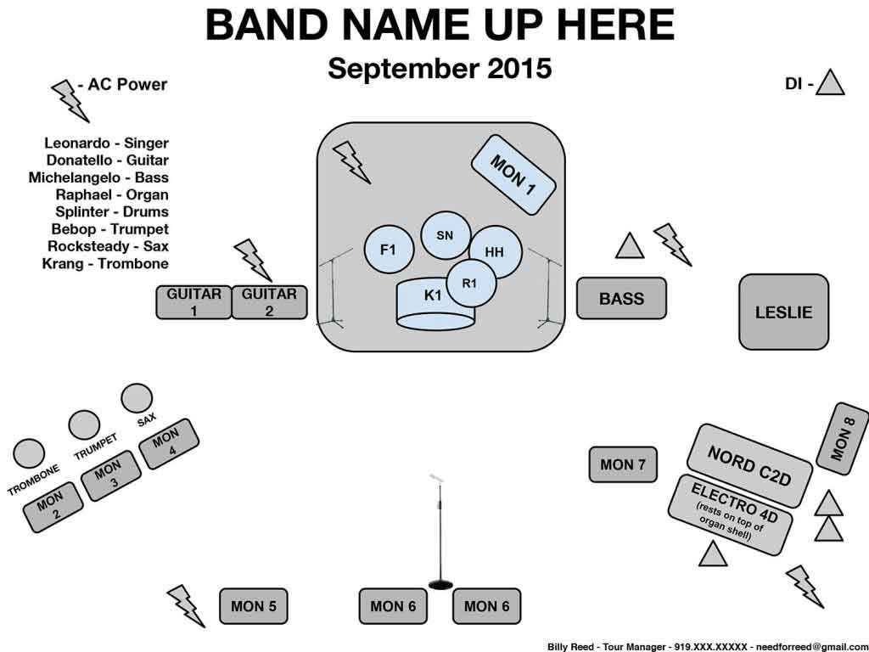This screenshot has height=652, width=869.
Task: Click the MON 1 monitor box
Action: pos(513,173)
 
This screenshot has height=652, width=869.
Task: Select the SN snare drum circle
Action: pos(445,235)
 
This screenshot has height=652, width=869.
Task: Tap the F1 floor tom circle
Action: pos(389,250)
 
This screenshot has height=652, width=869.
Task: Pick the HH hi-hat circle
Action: pos(495,251)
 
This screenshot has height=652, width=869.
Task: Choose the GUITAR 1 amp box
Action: pos(193,302)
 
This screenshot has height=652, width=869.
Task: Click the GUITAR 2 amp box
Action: pos(269,302)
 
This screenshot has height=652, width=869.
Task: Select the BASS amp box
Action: pos(621,298)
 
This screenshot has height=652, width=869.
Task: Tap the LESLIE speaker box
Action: pos(783,312)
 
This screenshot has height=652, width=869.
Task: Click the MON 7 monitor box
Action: pos(623,464)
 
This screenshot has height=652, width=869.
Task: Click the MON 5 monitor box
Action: pos(253,606)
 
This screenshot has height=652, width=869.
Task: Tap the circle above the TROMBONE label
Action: pos(30,452)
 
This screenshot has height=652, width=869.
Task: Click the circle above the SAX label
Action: pos(136,397)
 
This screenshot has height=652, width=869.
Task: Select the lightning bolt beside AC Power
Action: pos(70,99)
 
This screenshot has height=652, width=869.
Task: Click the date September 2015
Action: pos(440,68)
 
